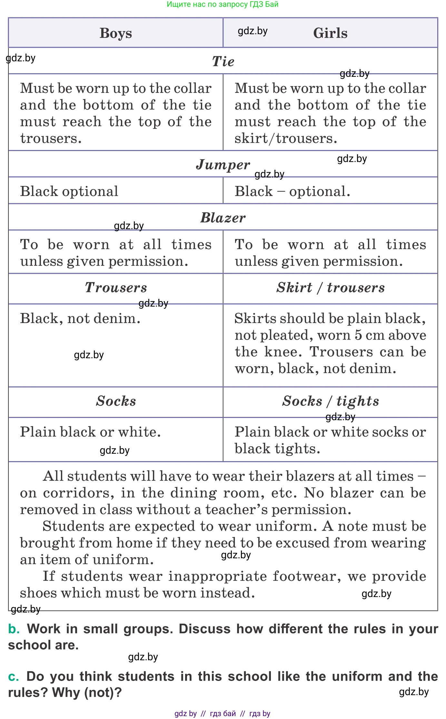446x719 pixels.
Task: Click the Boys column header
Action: click(116, 33)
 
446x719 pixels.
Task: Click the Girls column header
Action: click(330, 33)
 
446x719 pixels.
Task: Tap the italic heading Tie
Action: click(223, 61)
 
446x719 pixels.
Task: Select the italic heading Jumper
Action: click(223, 165)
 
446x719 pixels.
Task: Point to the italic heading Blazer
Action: click(223, 218)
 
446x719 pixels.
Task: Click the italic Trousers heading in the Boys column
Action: click(116, 288)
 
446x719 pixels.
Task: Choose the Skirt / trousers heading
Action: click(330, 288)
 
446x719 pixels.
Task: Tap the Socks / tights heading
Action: click(330, 401)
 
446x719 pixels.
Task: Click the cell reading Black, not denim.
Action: click(80, 319)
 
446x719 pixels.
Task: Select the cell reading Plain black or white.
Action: click(90, 432)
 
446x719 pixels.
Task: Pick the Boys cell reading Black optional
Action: click(69, 191)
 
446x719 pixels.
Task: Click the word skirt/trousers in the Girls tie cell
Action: click(286, 138)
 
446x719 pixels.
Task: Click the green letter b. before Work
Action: click(14, 629)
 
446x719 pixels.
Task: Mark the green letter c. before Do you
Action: click(13, 676)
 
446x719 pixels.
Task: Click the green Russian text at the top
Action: click(223, 4)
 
